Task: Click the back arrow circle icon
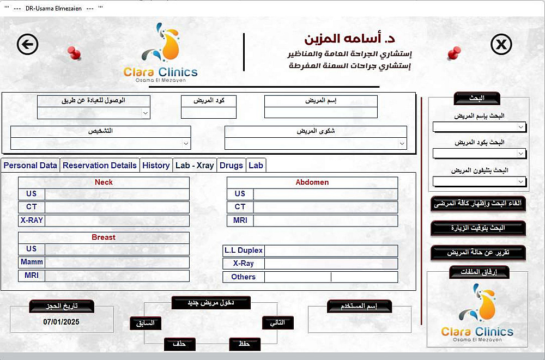28,44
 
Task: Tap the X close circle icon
501,44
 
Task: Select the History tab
156,166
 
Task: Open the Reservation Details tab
100,166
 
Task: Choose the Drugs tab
231,166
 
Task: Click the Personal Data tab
31,166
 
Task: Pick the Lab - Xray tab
195,166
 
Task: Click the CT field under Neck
117,208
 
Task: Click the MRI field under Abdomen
325,221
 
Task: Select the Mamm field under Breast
117,263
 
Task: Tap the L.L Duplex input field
331,251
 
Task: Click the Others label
243,277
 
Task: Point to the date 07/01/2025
62,322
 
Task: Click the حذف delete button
180,344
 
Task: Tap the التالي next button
277,323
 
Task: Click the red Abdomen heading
312,182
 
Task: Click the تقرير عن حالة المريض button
478,253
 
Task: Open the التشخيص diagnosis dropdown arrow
186,144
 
